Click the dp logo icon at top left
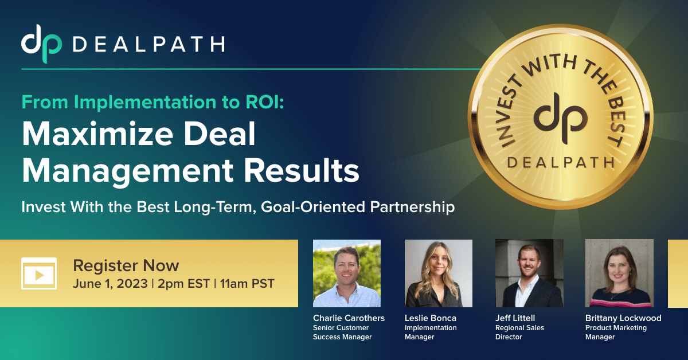coord(41,44)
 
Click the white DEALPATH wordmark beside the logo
coord(148,44)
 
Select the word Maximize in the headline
coord(97,134)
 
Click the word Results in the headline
coord(302,170)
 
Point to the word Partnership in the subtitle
coord(412,207)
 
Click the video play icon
coord(39,273)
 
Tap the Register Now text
coord(126,265)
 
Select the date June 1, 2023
coord(110,284)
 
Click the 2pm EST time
coord(183,284)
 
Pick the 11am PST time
coord(247,284)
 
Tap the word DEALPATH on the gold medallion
coord(561,162)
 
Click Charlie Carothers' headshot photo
coord(347,273)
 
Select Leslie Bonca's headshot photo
coord(439,273)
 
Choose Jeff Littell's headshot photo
coord(530,273)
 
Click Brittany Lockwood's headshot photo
coord(620,273)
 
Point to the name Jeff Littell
coord(515,318)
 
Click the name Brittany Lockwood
coord(623,318)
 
